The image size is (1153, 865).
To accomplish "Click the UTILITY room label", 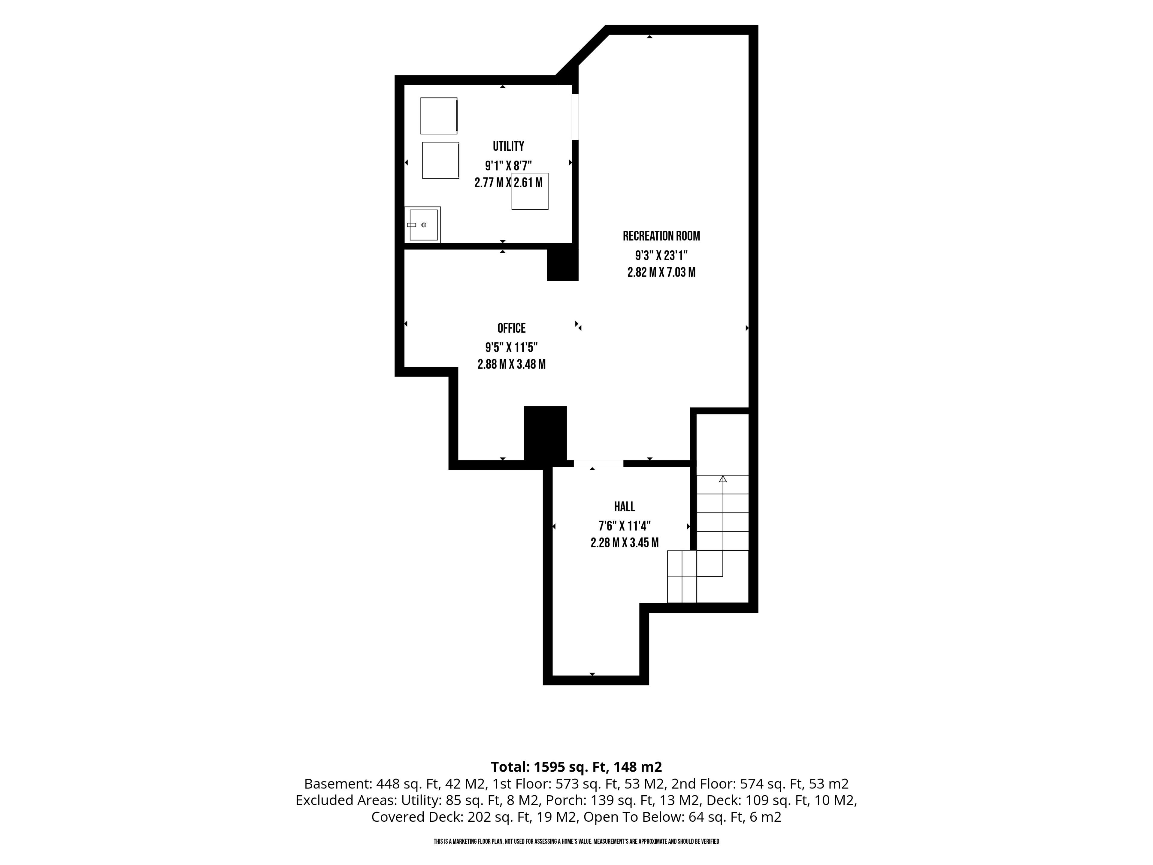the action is coord(508,146).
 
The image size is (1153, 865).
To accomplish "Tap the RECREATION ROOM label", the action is coord(661,236).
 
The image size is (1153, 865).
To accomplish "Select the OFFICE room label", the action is coord(511,328).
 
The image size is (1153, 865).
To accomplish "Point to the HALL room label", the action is coord(625,506).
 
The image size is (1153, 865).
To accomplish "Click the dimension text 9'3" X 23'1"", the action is coord(661,256).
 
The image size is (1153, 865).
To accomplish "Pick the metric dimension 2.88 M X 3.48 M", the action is coord(511,364).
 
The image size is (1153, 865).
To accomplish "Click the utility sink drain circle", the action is coord(424,225).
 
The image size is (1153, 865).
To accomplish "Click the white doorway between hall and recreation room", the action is coord(598,463).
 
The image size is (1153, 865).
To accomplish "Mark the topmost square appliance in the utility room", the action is coord(439,116).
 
